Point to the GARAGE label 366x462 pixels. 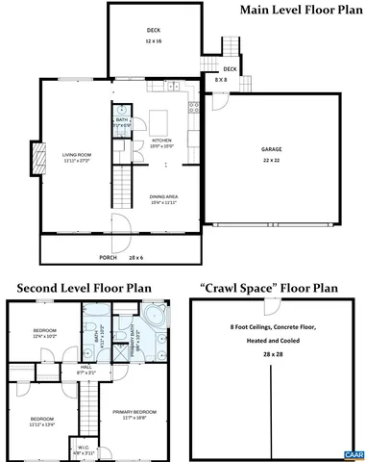point(272,153)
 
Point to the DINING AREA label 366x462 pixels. point(162,199)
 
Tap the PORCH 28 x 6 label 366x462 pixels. point(114,257)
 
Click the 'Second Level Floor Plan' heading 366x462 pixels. point(85,287)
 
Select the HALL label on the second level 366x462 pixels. point(85,369)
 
